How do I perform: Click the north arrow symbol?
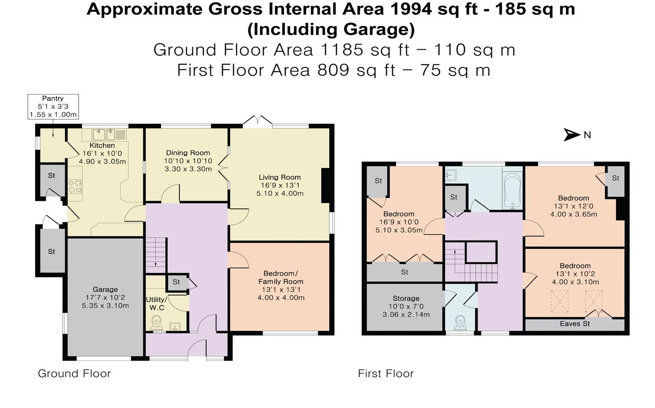pos(572,135)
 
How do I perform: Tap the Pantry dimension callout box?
pos(53,106)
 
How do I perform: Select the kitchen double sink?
pos(104,134)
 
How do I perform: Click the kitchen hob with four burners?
pos(75,187)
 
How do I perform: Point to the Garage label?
pos(105,289)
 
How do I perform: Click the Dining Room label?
pos(188,153)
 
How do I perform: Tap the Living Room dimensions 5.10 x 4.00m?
pos(280,193)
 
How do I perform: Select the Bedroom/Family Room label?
pos(280,277)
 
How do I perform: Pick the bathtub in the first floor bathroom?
pos(512,190)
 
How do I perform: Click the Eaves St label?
pos(574,324)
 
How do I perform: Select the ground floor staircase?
pos(156,255)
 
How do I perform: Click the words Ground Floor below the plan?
pos(74,374)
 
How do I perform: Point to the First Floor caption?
pos(386,374)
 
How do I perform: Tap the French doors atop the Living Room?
pos(258,121)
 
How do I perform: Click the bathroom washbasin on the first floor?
pos(450,176)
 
